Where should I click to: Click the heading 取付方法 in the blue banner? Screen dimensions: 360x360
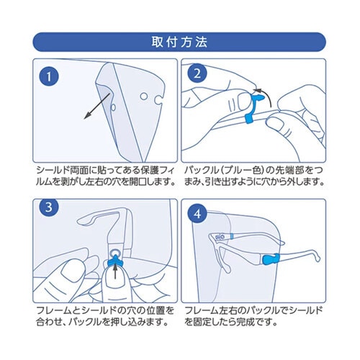click(x=179, y=41)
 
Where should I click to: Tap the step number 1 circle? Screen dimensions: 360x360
click(x=48, y=76)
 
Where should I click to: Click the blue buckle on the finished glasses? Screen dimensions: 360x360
click(x=268, y=259)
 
